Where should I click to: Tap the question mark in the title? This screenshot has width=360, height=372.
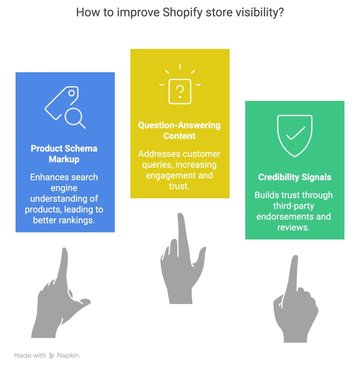280,12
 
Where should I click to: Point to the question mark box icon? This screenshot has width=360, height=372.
180,91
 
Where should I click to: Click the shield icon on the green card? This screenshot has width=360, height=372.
295,136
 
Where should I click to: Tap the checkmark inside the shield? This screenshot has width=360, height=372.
295,133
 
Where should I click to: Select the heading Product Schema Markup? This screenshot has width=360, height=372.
64,154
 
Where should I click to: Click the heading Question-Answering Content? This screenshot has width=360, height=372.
179,131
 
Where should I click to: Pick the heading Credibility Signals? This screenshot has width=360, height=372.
295,177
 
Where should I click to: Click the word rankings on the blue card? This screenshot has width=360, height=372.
77,220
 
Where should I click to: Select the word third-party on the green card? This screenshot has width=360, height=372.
293,206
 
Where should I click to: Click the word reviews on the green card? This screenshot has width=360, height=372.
293,228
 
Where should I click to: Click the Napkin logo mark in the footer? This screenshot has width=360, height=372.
52,356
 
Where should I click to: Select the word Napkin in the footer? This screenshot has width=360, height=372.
68,356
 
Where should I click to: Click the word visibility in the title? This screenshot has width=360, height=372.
256,13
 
